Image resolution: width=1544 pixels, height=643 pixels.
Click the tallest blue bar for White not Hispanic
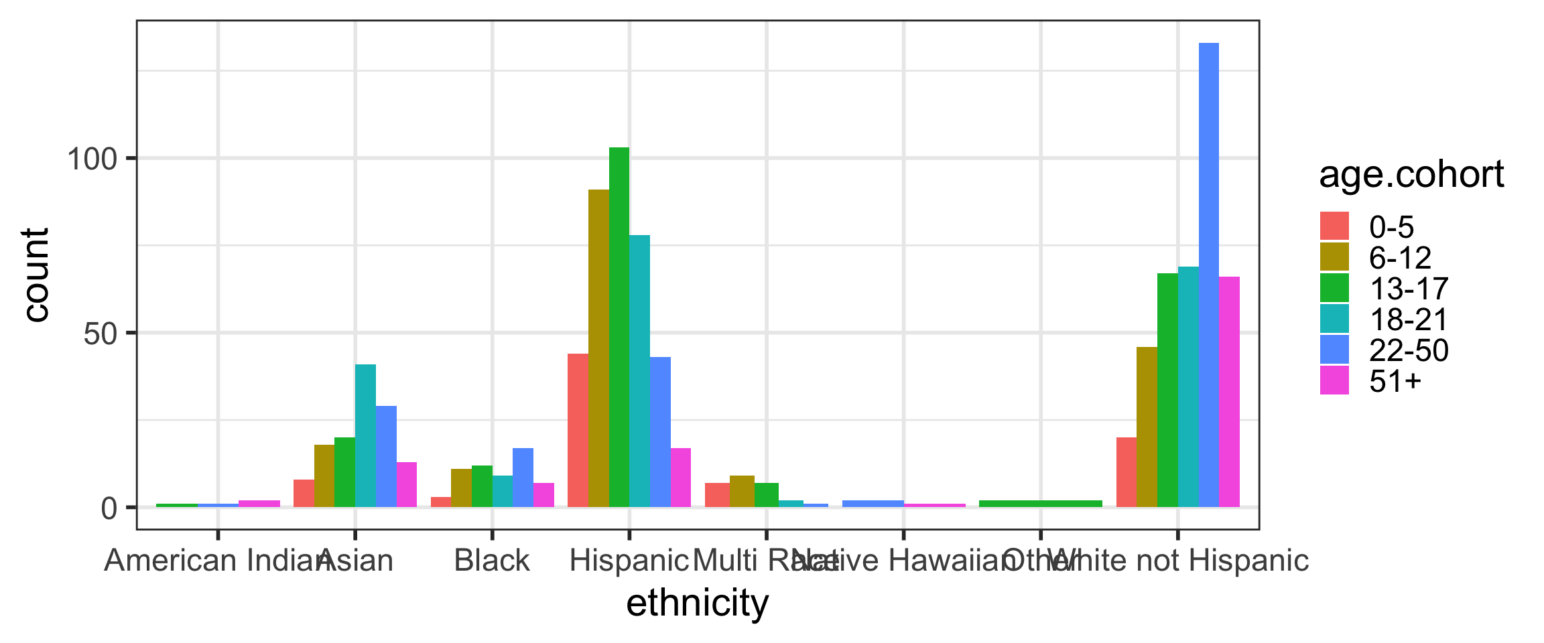[x=1208, y=275]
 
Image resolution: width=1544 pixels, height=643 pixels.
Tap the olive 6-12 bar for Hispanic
[x=598, y=348]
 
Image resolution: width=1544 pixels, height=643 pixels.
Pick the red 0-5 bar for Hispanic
[x=578, y=430]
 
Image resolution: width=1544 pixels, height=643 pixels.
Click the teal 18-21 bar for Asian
[x=365, y=435]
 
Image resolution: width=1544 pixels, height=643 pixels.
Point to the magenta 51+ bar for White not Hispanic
[x=1229, y=392]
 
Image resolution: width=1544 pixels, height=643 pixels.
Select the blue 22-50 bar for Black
[x=523, y=478]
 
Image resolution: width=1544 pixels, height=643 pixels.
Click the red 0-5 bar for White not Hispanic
[x=1127, y=472]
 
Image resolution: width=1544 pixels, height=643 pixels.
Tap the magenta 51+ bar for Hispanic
[x=681, y=478]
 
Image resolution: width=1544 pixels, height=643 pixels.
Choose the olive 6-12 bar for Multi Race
[x=742, y=491]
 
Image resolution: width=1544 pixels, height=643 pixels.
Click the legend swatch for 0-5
[x=1334, y=226]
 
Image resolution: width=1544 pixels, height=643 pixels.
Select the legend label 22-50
[x=1409, y=350]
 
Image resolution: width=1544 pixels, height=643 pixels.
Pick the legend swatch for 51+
[x=1334, y=380]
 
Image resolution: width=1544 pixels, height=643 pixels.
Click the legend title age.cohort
[x=1411, y=175]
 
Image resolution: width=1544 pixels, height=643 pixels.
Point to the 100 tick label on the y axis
[x=92, y=159]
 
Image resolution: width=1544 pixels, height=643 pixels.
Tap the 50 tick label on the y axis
[x=101, y=334]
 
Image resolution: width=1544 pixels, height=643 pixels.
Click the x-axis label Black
[x=492, y=561]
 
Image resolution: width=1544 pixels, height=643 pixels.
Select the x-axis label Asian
[x=355, y=561]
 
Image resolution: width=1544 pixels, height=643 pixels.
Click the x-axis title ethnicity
[x=697, y=603]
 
